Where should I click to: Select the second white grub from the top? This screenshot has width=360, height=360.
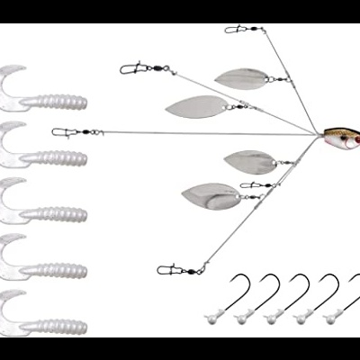[49, 148]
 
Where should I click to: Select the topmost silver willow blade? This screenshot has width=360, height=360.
[241, 77]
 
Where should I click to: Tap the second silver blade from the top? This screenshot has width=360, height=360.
[192, 107]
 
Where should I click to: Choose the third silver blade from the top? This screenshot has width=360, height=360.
[247, 162]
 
